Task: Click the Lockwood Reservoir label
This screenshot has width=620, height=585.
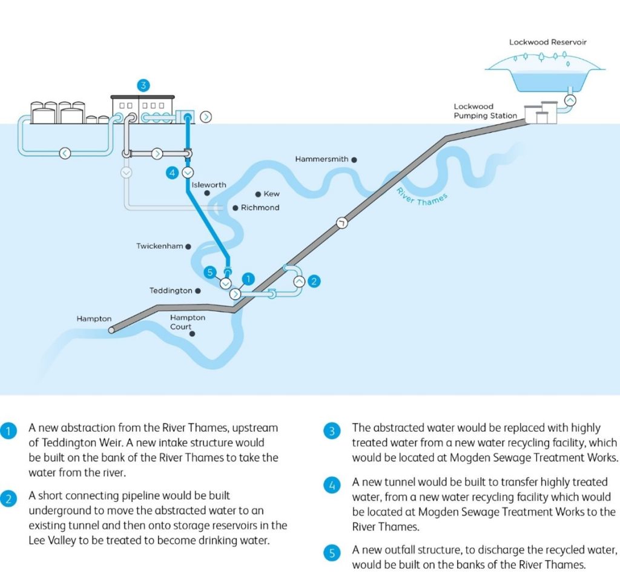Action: click(547, 42)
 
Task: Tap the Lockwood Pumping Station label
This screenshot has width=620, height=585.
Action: click(485, 111)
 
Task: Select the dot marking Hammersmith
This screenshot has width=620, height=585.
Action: click(354, 160)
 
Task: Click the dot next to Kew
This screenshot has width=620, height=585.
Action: click(258, 194)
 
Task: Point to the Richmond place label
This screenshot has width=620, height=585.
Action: click(260, 208)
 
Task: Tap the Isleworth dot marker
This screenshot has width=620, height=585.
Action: click(207, 193)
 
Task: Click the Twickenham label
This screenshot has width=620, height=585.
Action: click(160, 246)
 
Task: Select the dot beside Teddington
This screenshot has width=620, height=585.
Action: click(198, 291)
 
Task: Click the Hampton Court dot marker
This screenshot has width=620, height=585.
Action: click(192, 334)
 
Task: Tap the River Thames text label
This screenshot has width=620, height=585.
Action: click(422, 197)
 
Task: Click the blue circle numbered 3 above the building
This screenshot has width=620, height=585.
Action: click(143, 85)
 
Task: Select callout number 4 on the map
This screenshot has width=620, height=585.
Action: click(172, 173)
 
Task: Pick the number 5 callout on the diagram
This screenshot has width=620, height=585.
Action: click(210, 272)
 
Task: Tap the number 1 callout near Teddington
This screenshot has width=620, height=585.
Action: click(248, 279)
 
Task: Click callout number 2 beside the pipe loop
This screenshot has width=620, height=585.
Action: click(314, 281)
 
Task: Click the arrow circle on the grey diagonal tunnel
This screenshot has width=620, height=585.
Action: click(342, 223)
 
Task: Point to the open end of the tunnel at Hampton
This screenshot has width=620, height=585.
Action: click(112, 329)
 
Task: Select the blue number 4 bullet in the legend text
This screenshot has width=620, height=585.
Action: click(332, 485)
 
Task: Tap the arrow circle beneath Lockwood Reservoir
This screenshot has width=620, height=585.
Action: click(570, 101)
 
